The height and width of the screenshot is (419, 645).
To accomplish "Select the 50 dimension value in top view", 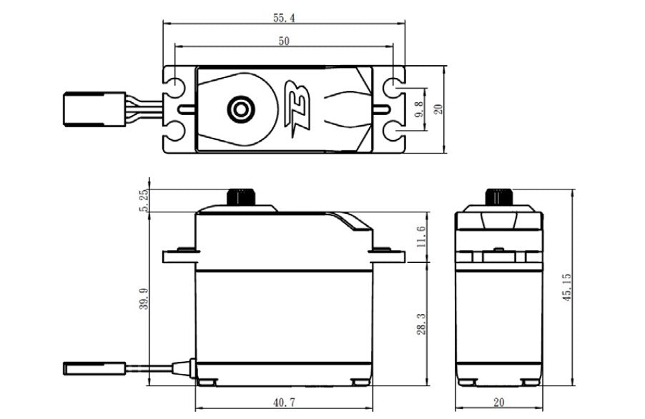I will point(284,41).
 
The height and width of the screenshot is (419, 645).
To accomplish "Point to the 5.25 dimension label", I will point(146,201).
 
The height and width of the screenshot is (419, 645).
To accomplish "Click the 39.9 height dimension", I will point(146,297).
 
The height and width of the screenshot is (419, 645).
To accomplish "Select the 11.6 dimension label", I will point(421,237).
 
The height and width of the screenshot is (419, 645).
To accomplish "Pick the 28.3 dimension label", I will point(421,323).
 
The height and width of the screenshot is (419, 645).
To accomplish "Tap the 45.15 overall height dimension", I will point(566,285).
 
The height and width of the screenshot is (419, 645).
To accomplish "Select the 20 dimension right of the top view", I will point(438,109).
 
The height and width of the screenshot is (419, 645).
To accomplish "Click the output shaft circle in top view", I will point(240,109).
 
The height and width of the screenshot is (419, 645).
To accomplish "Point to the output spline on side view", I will point(242,197).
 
